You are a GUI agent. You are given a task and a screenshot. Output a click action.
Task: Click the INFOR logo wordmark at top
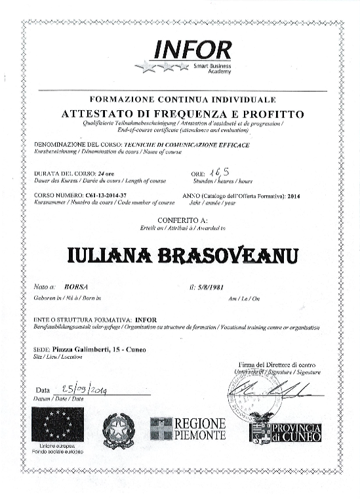tap(192, 50)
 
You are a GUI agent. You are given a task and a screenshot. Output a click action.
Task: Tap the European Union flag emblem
tap(57, 424)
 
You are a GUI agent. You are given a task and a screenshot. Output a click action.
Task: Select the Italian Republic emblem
tap(119, 431)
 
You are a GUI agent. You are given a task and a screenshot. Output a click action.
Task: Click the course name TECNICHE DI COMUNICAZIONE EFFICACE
tap(187, 144)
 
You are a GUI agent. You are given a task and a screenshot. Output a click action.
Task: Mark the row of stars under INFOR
tap(162, 67)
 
